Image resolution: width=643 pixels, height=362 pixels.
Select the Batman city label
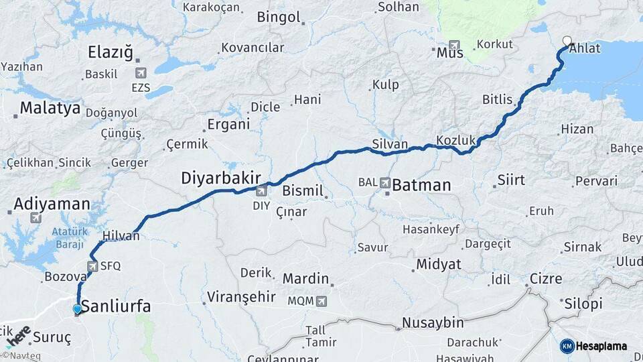tap(421, 185)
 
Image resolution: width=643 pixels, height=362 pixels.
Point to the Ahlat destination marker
tap(567, 40)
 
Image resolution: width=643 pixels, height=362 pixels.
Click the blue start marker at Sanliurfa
tap(78, 308)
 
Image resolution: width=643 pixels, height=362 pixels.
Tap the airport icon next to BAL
tap(385, 182)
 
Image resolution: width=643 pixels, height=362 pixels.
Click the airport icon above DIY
tap(261, 191)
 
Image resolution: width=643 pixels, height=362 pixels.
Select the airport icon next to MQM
tap(321, 301)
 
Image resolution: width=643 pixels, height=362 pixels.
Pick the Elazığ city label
tap(111, 52)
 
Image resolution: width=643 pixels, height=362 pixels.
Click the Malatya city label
tap(50, 107)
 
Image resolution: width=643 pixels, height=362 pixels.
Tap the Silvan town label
tap(390, 143)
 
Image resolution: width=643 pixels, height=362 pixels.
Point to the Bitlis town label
tap(497, 99)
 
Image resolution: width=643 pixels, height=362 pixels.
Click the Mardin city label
tap(305, 278)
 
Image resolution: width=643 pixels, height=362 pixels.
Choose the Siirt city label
tap(510, 180)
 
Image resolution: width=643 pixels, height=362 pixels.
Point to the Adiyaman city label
tap(52, 204)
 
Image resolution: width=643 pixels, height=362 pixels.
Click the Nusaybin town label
tap(432, 323)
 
